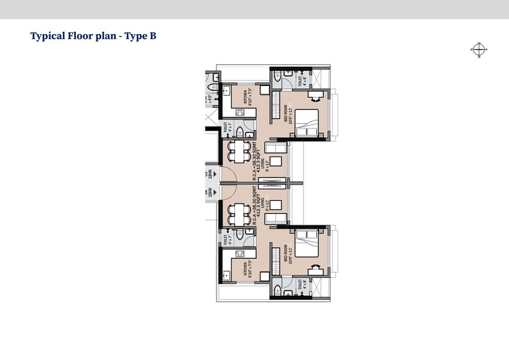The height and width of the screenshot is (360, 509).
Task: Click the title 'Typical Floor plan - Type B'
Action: pyautogui.click(x=94, y=36)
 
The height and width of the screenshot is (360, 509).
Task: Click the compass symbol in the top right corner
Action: pyautogui.click(x=479, y=49)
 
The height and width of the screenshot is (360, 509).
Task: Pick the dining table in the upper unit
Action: pyautogui.click(x=238, y=152)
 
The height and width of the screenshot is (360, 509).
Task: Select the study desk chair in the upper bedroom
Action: pyautogui.click(x=316, y=98)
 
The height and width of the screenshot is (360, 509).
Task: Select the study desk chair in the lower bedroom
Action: pyautogui.click(x=316, y=267)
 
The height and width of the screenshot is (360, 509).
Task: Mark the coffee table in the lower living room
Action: pyautogui.click(x=273, y=204)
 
